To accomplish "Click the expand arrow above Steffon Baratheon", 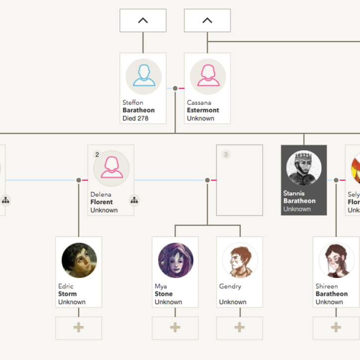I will pyautogui.click(x=143, y=21).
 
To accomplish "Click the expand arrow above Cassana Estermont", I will pyautogui.click(x=207, y=21).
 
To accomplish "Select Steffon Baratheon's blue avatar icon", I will pyautogui.click(x=143, y=77).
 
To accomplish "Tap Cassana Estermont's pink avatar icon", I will pyautogui.click(x=207, y=77).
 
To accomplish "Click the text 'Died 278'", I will pyautogui.click(x=135, y=118).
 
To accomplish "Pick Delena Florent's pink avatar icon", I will pyautogui.click(x=111, y=168).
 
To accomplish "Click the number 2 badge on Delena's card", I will pyautogui.click(x=97, y=155).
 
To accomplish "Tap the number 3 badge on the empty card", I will pyautogui.click(x=226, y=155).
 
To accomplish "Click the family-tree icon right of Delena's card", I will pyautogui.click(x=134, y=200).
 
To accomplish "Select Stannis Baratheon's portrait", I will pyautogui.click(x=304, y=169).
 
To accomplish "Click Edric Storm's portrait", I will pyautogui.click(x=79, y=260).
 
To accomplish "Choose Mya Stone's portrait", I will pyautogui.click(x=176, y=260).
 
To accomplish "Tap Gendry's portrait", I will pyautogui.click(x=240, y=260).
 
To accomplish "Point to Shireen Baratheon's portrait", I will pyautogui.click(x=336, y=260).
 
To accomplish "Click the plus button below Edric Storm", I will pyautogui.click(x=79, y=328).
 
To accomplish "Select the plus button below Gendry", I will pyautogui.click(x=240, y=328).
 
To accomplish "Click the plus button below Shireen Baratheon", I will pyautogui.click(x=336, y=328).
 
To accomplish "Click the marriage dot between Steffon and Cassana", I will pyautogui.click(x=175, y=89).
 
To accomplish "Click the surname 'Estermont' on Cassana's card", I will pyautogui.click(x=203, y=110).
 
